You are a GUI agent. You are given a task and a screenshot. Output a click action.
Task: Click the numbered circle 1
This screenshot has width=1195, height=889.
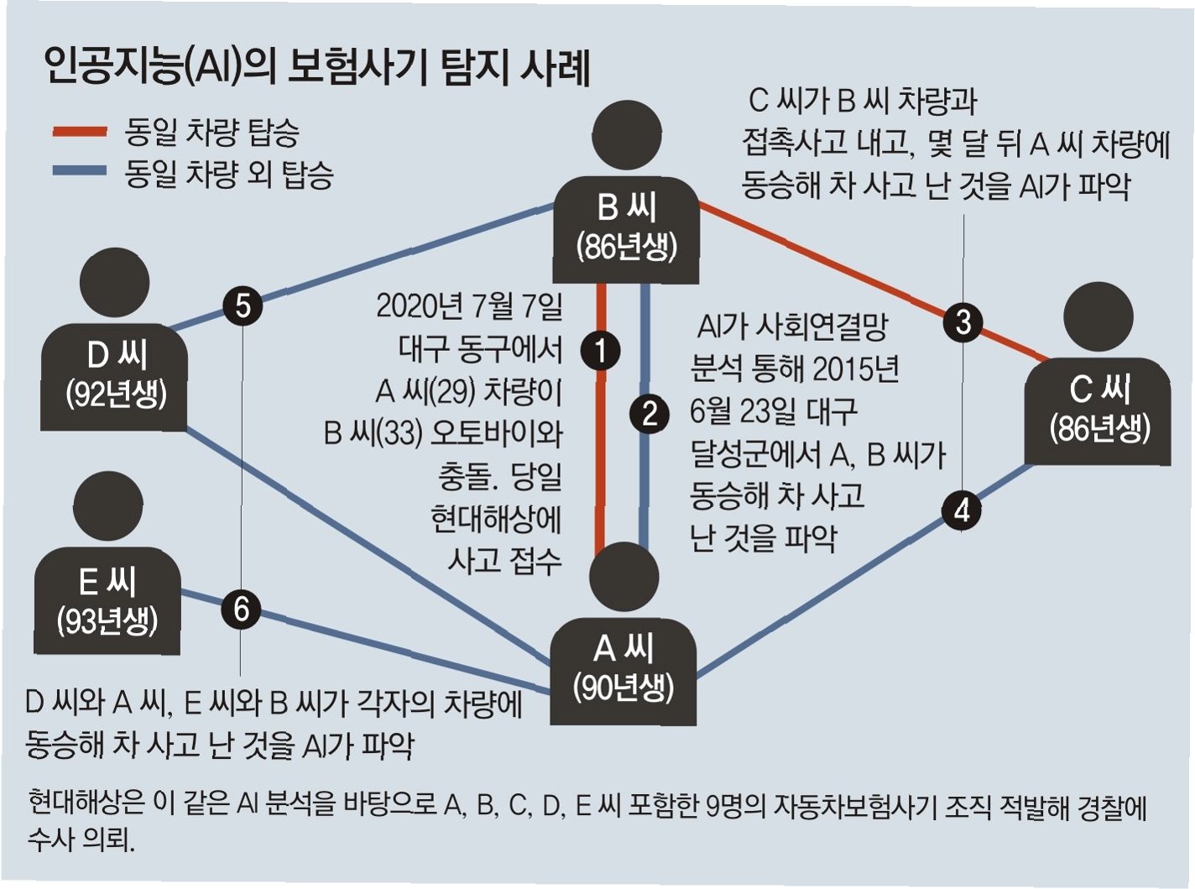pos(601,350)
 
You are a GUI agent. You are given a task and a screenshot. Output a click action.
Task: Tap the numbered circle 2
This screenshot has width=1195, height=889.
pos(649,413)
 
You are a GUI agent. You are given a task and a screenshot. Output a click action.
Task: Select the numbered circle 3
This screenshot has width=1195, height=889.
pos(963,322)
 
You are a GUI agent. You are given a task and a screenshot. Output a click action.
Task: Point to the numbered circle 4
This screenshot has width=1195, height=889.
pos(962,510)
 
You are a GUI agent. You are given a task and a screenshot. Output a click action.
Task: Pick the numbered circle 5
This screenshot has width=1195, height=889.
pos(243,305)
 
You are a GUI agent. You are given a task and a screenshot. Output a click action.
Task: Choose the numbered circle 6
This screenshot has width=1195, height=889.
pos(242,609)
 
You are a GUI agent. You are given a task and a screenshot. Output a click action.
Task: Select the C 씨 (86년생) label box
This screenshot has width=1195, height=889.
pos(1098,411)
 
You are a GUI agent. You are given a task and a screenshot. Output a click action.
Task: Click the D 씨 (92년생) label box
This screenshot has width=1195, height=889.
pos(115,375)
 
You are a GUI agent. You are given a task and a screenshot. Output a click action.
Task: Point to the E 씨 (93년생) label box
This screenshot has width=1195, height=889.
pos(107,601)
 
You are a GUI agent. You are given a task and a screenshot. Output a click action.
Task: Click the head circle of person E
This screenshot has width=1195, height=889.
pos(107,505)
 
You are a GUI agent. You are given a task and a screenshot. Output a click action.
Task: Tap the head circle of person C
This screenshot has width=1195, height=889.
pos(1098,316)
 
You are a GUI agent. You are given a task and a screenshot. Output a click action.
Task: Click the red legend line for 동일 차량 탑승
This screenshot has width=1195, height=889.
pos(80,132)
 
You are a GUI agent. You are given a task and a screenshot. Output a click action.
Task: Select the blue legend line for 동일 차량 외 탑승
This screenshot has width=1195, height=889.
pos(80,172)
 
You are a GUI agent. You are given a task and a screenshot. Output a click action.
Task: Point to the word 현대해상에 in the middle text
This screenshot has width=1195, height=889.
pos(495,519)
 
